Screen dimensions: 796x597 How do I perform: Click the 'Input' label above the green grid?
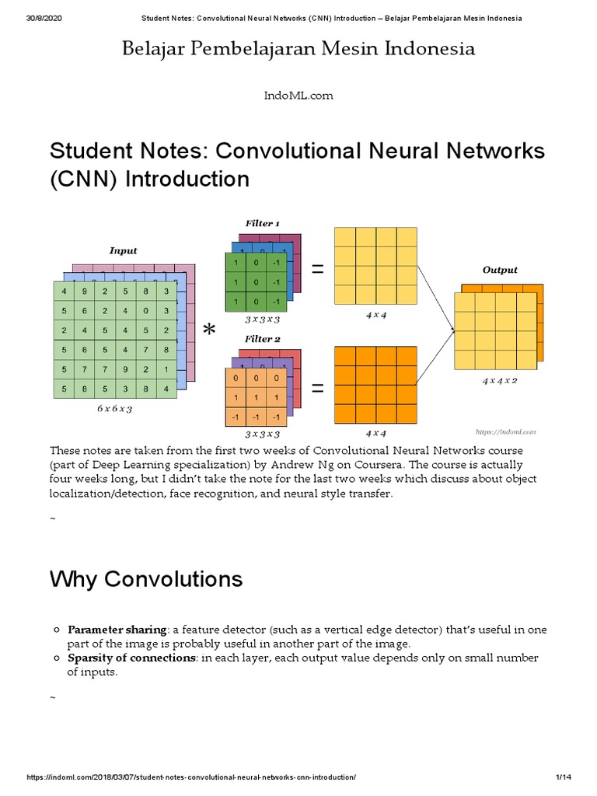[123, 250]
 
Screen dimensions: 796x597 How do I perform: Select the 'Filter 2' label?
[262, 339]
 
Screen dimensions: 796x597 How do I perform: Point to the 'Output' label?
[500, 270]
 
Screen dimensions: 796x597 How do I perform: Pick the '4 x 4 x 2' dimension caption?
[499, 381]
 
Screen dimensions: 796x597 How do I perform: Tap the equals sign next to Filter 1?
[317, 269]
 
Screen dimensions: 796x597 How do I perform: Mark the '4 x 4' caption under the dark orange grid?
[375, 433]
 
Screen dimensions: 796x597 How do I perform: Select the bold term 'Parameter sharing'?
[117, 629]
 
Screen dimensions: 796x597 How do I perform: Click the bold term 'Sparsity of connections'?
[130, 658]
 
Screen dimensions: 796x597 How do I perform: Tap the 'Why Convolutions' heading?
[146, 579]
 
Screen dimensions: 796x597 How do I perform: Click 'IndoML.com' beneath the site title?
[298, 95]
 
